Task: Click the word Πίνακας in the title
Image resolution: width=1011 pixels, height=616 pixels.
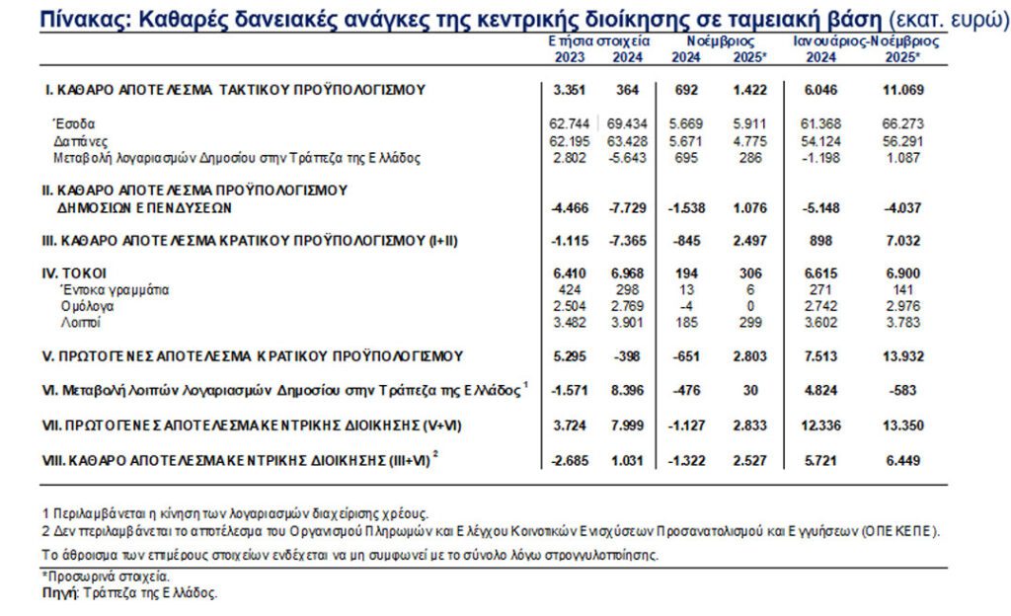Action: (x=46, y=20)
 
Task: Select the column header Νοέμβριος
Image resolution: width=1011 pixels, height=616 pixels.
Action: (x=722, y=41)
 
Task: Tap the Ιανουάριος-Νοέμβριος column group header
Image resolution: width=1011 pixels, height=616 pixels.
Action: (x=866, y=41)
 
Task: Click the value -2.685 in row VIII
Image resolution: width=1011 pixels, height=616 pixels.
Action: (x=571, y=459)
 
